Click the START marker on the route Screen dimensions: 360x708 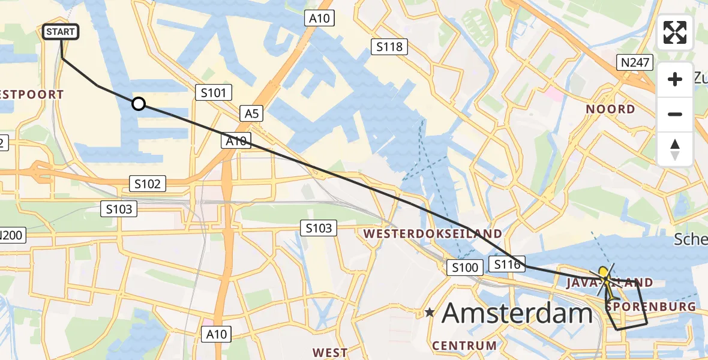pos(61,32)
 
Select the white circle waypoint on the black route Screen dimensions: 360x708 pos(139,104)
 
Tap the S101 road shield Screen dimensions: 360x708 pos(214,92)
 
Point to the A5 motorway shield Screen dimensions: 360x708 pos(251,113)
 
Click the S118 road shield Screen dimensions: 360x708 pos(389,46)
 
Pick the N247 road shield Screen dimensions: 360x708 pos(635,62)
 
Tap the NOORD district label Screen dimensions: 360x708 pos(610,109)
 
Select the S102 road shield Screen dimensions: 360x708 pos(148,184)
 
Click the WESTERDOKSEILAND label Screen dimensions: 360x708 pos(432,233)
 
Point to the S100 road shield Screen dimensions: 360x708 pos(464,268)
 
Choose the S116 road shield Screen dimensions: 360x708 pos(507,264)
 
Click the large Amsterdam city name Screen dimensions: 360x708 pos(517,314)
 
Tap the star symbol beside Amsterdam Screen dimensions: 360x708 pos(430,313)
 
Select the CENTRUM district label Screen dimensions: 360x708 pos(464,346)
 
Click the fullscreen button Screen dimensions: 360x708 pos(675,32)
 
